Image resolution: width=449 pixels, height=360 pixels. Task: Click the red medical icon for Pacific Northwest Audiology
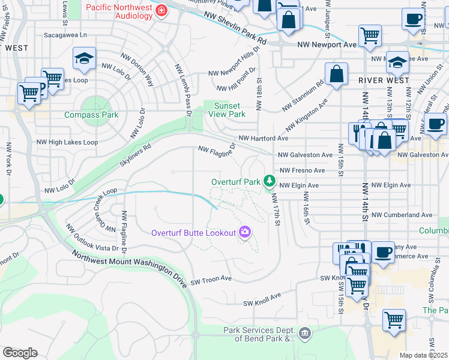tap(161, 10)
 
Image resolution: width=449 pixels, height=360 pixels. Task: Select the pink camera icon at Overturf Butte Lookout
tap(244, 232)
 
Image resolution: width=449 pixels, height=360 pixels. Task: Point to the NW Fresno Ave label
tap(302, 170)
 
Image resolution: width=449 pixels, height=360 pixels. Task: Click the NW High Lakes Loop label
tap(66, 142)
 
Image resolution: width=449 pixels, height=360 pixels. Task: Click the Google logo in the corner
tap(20, 353)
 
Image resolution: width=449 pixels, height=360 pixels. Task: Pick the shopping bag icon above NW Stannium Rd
tap(337, 74)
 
